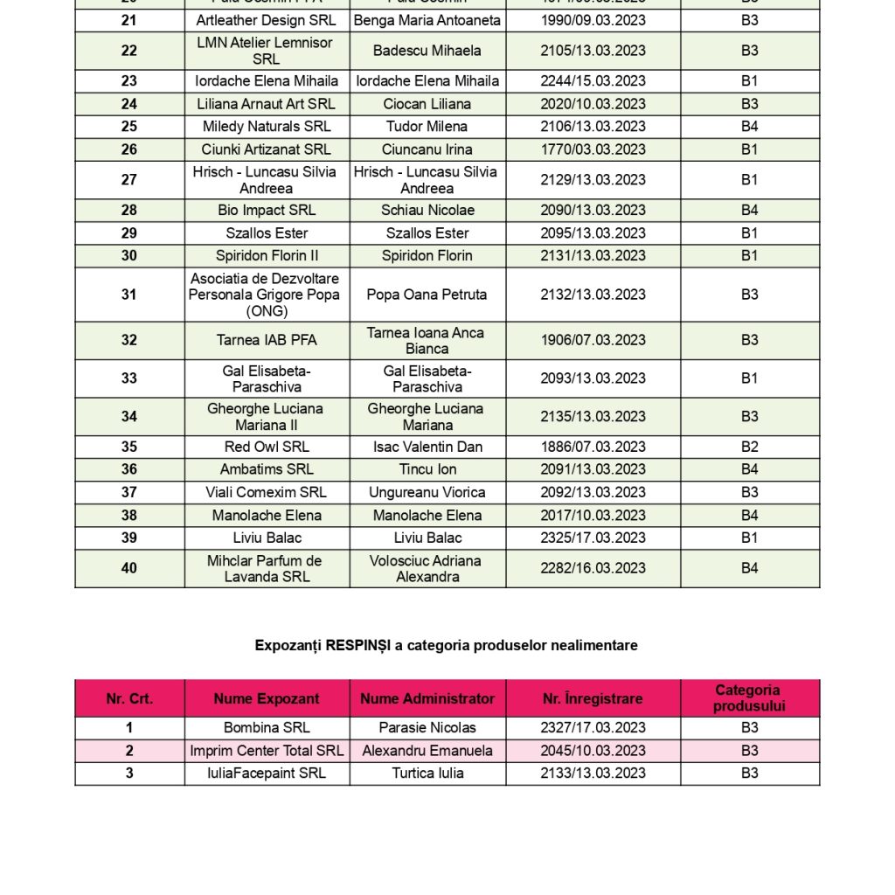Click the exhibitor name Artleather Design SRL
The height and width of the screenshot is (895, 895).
[266, 20]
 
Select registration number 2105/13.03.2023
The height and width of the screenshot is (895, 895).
[593, 51]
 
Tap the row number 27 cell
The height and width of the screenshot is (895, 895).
[129, 180]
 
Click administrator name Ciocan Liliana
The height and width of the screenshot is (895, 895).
[427, 104]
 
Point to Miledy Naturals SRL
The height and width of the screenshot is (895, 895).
[266, 127]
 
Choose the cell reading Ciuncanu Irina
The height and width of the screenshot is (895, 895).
[427, 149]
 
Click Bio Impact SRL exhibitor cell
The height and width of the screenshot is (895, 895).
[266, 211]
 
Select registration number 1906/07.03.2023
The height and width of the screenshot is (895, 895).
[593, 340]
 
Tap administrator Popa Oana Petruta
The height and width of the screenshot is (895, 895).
[427, 295]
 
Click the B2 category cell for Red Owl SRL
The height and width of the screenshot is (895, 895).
[749, 447]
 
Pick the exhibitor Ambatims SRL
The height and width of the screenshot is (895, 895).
[266, 469]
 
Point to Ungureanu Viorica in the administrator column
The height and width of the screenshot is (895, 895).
[427, 492]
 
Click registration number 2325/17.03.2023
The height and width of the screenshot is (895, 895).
[593, 538]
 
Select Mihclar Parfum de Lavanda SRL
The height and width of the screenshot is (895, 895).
[266, 568]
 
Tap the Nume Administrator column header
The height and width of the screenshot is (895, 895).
[427, 698]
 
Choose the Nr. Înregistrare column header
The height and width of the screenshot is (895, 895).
[593, 698]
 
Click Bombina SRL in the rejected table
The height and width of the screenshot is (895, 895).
[266, 727]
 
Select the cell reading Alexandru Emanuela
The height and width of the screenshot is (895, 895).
[427, 750]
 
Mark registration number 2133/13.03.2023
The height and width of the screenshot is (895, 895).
[593, 773]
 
